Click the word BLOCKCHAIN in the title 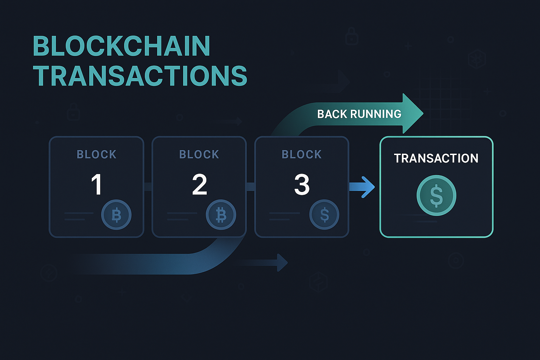(121, 46)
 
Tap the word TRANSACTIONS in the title (140, 76)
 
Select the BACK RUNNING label (359, 114)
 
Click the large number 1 (96, 185)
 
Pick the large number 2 (199, 185)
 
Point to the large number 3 (302, 185)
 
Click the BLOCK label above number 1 (96, 154)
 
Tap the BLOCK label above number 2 (199, 154)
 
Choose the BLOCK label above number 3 (302, 154)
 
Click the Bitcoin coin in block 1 (116, 214)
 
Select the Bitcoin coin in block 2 (221, 214)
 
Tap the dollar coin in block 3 (324, 214)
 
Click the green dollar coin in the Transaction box (436, 195)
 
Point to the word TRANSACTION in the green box (436, 158)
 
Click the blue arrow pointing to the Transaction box (362, 187)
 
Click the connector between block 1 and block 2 (148, 186)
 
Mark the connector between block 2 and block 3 (250, 186)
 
